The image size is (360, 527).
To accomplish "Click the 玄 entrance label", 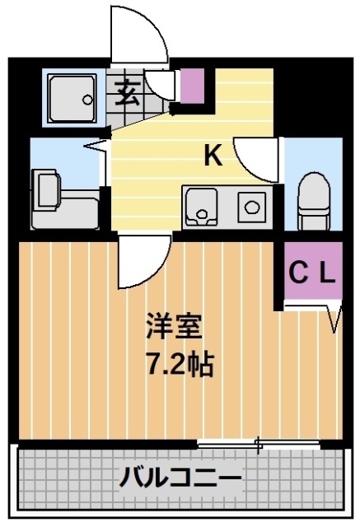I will coord(126,91).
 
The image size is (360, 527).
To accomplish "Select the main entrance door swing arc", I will coord(140,37).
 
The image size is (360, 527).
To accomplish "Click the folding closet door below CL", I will coord(334,318).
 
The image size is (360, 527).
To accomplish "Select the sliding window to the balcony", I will coord(259,445).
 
